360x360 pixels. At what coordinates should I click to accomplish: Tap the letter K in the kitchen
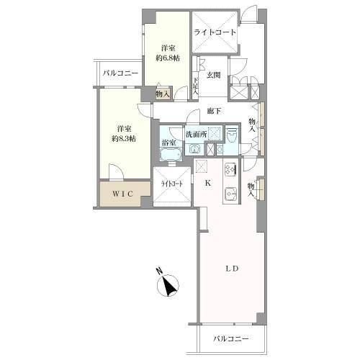pyautogui.click(x=208, y=183)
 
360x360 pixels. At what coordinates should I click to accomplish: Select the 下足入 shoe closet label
pyautogui.click(x=195, y=85)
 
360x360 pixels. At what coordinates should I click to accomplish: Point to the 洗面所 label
pyautogui.click(x=195, y=134)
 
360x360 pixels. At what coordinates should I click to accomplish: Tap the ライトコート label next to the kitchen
pyautogui.click(x=171, y=185)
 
